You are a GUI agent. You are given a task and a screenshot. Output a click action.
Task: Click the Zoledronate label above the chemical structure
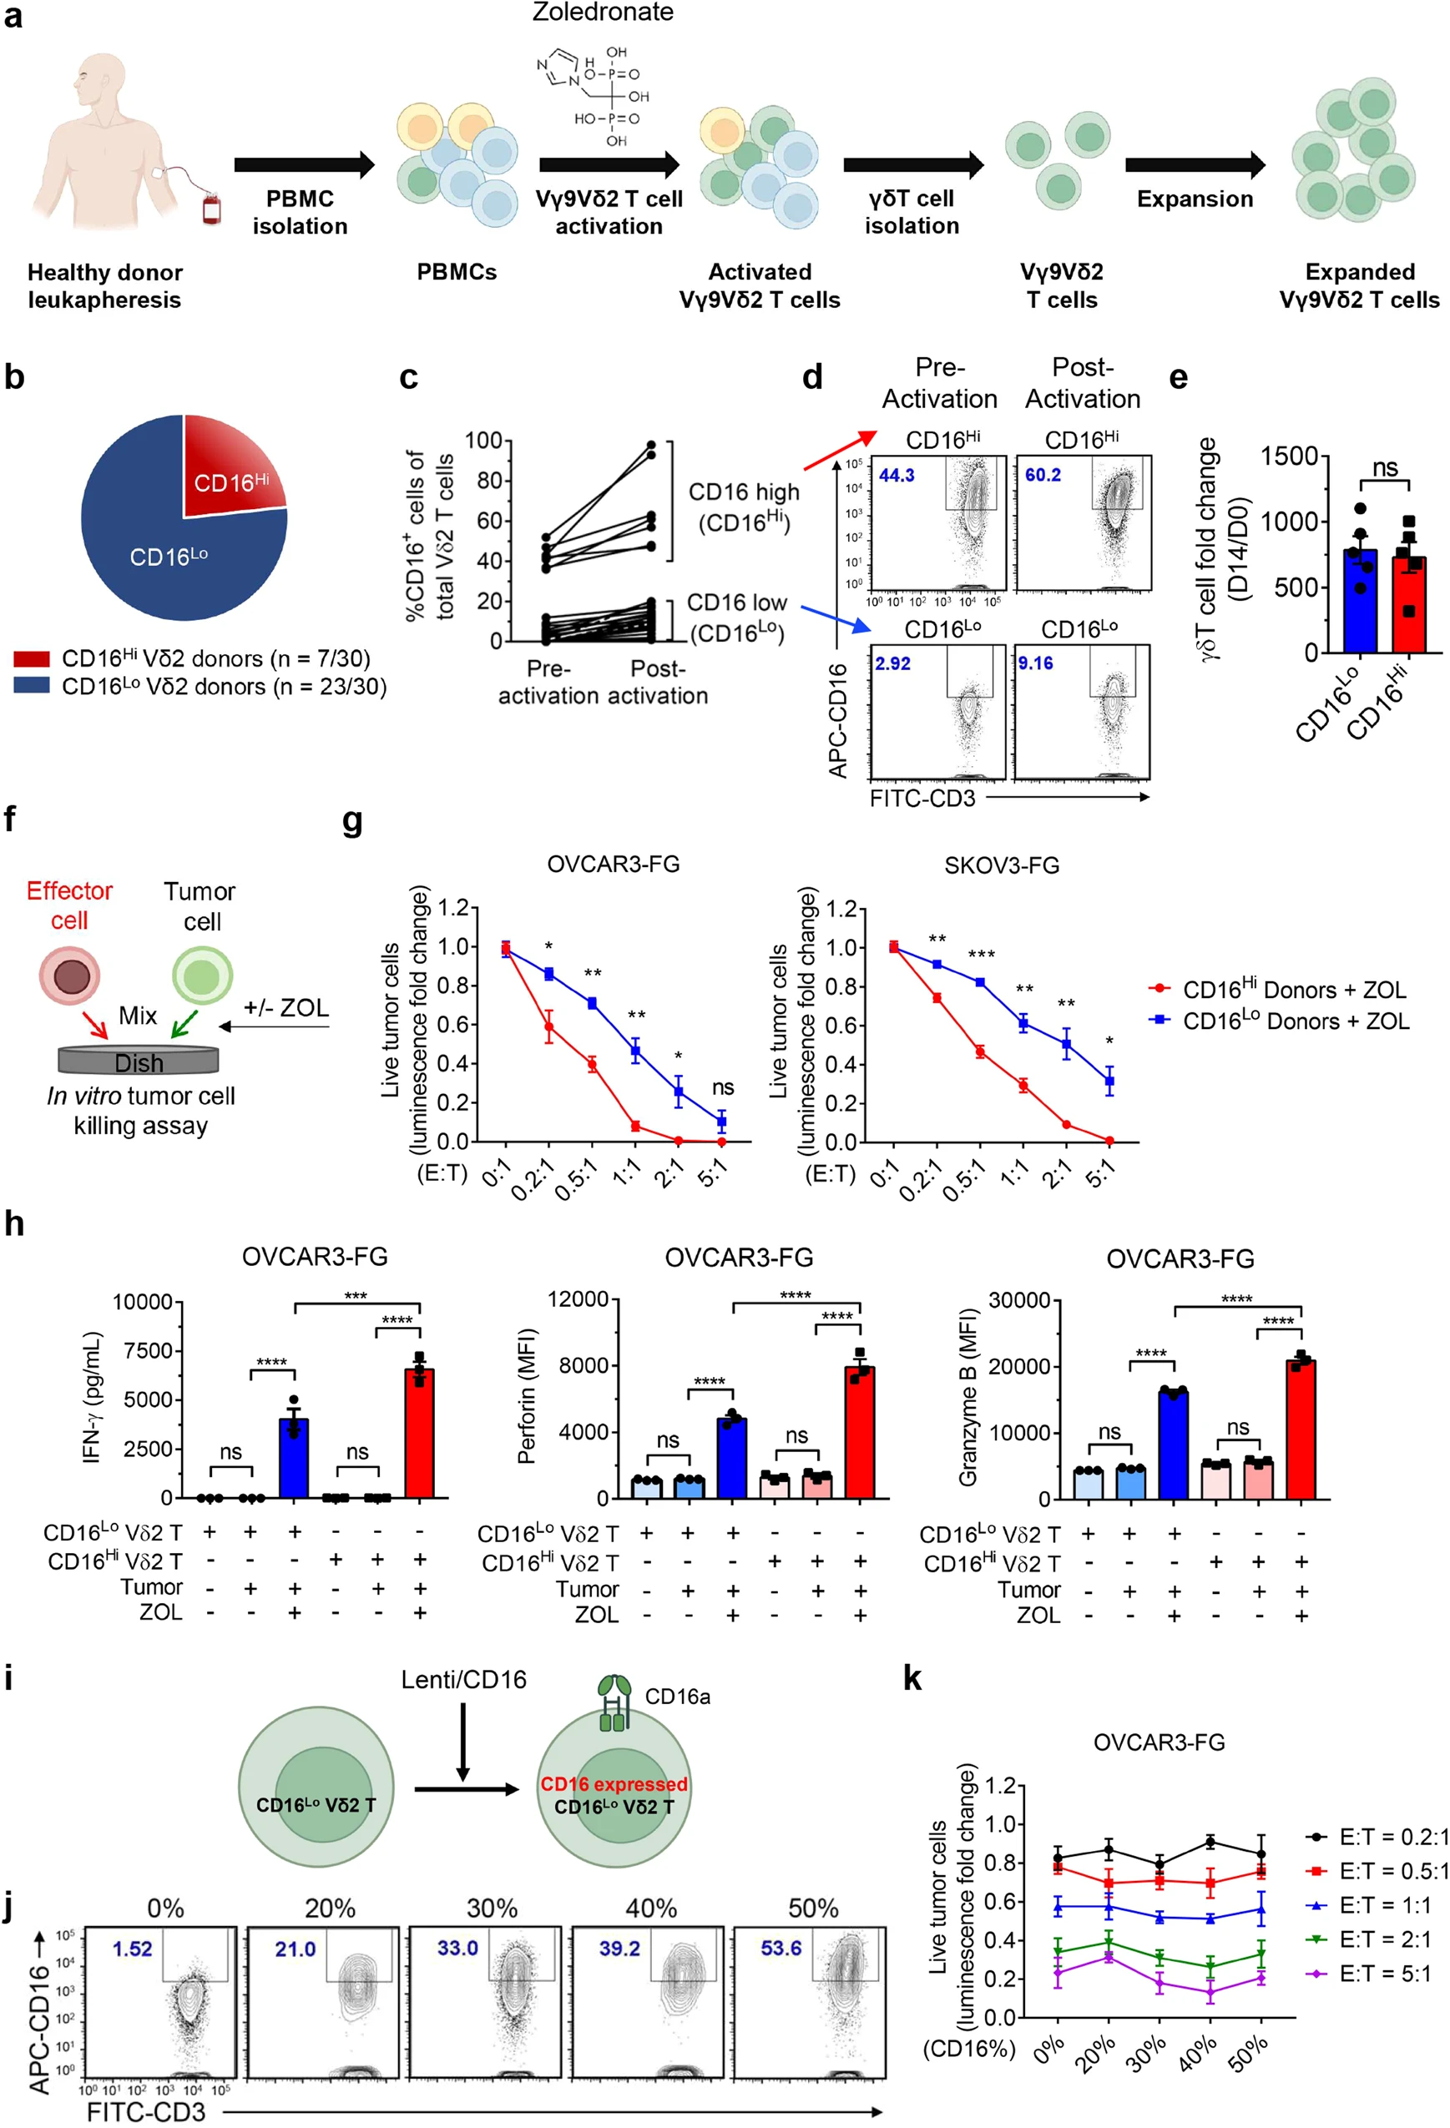tap(603, 12)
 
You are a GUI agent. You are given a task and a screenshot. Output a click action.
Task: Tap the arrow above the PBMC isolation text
tap(304, 165)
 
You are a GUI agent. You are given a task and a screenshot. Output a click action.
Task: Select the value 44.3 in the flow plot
tap(897, 475)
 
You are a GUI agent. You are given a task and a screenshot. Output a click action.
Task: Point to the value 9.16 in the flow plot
tap(1035, 663)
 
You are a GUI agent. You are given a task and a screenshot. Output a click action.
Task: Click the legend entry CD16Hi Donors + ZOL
tap(1293, 990)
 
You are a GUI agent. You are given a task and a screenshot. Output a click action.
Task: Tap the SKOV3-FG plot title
tap(1001, 865)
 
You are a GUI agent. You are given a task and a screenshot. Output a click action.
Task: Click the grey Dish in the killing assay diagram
tap(139, 1061)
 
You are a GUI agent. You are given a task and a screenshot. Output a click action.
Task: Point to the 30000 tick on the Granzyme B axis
tap(1018, 1300)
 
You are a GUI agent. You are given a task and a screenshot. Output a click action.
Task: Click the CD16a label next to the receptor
tap(677, 1697)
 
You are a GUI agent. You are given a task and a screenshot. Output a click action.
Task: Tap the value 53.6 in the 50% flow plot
tap(781, 1948)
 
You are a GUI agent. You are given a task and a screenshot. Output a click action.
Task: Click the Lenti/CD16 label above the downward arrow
tap(463, 1679)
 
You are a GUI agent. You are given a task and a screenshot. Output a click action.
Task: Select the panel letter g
tap(352, 821)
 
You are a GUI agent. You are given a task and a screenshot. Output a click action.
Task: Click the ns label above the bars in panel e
tap(1384, 468)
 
